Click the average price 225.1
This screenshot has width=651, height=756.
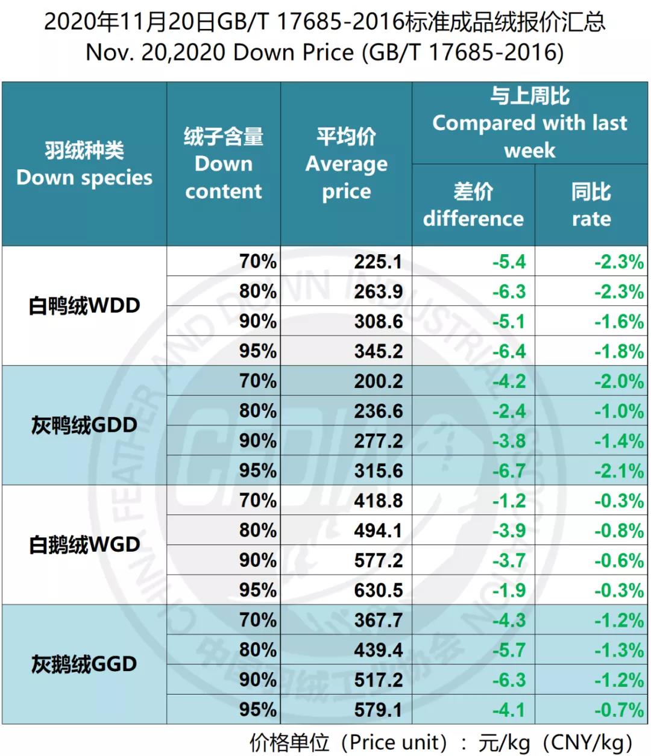[377, 261]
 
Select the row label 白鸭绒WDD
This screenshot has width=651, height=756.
[84, 305]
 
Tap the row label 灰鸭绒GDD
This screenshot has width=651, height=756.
[84, 425]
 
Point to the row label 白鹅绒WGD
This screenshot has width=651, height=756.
[84, 545]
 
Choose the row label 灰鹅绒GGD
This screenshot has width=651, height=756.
[84, 664]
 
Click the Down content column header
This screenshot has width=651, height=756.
[224, 164]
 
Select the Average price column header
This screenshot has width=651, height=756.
[346, 164]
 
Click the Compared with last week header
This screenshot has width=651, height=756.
[529, 123]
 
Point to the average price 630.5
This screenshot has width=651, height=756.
[378, 590]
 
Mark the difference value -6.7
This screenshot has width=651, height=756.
[509, 470]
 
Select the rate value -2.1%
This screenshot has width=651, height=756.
[619, 470]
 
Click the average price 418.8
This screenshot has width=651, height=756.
[378, 500]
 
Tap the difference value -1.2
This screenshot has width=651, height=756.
[509, 500]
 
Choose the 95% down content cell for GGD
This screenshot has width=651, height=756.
[257, 709]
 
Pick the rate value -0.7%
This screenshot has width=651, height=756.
[619, 709]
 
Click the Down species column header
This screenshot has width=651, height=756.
[84, 164]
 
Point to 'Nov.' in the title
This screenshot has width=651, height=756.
[108, 52]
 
